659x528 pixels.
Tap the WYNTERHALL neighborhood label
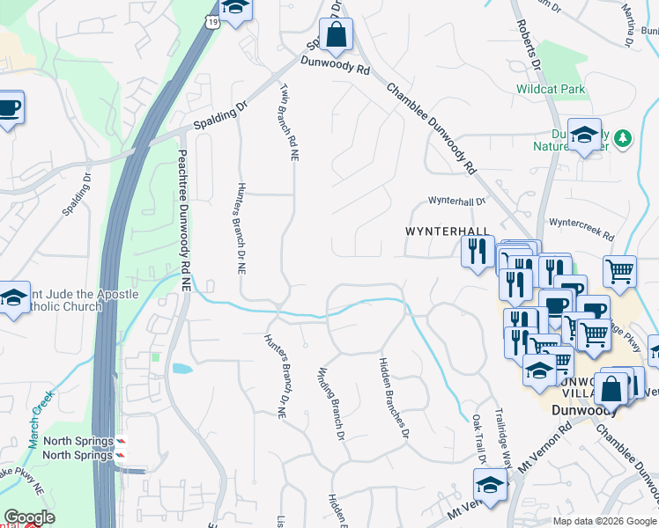coord(447,231)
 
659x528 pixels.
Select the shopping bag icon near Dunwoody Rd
coord(336,36)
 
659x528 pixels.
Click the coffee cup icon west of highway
coord(9,108)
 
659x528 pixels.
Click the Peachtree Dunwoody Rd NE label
coord(184,220)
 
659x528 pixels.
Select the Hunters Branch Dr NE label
coord(240,227)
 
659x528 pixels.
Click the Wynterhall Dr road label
coord(457,201)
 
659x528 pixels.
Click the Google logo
coord(29,517)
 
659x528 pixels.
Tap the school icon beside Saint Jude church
coord(13,299)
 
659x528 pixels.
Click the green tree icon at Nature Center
coord(623,138)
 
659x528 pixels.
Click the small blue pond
coord(181,369)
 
